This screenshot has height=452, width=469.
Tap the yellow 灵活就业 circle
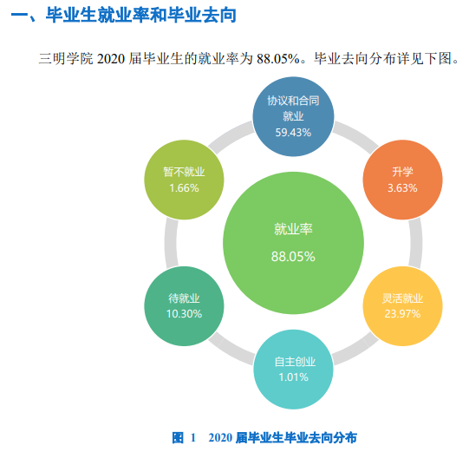tap(401, 305)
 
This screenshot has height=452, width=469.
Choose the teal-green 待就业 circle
tap(184, 305)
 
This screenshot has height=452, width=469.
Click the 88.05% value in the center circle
tap(293, 257)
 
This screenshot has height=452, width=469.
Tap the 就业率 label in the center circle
tap(293, 229)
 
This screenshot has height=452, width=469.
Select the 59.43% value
tap(293, 133)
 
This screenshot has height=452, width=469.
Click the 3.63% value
tap(402, 188)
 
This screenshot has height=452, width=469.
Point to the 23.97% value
tap(401, 314)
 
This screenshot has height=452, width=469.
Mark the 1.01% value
tap(294, 377)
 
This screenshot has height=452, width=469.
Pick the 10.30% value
tap(184, 314)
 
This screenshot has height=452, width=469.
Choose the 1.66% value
tap(184, 188)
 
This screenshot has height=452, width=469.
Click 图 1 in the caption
tap(185, 437)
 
